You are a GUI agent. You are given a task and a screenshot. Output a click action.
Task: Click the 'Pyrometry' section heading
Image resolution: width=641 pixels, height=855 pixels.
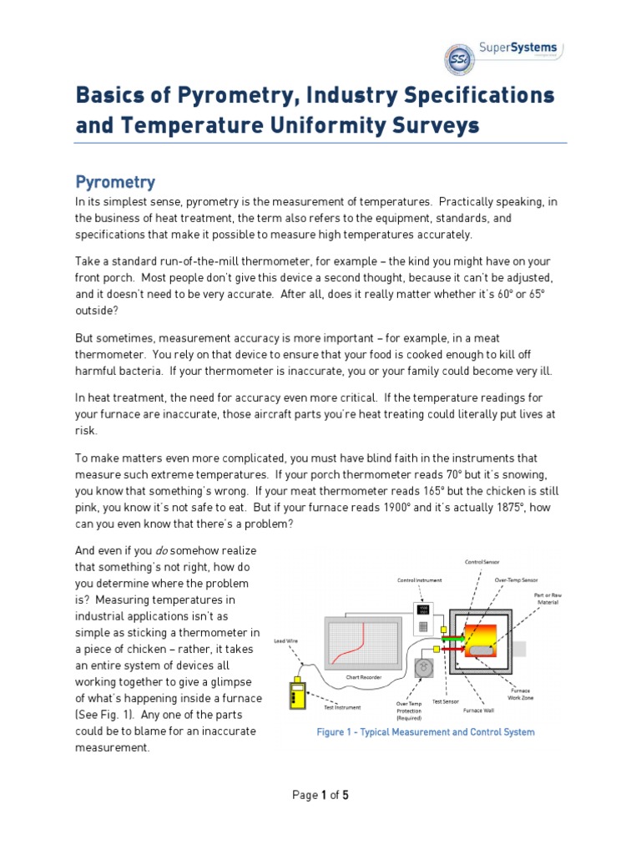tap(115, 181)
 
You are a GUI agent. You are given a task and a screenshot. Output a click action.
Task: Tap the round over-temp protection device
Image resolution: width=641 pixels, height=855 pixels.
tap(423, 668)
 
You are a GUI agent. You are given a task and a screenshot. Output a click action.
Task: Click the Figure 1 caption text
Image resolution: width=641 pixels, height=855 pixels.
tap(426, 732)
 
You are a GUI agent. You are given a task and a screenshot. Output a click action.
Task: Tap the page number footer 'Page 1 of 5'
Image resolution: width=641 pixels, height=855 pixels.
tap(320, 796)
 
